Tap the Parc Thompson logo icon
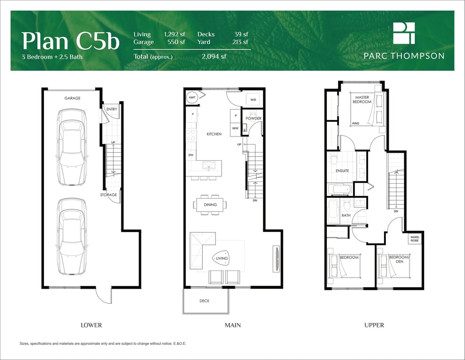pos(404,33)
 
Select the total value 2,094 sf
pos(214,56)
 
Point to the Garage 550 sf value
pos(176,42)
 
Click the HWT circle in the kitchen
pos(192,97)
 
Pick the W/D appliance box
pos(253,99)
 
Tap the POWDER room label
pos(253,118)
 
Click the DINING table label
pos(210,205)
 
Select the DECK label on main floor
pos(204,301)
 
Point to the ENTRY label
pos(112,109)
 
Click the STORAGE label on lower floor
pos(109,195)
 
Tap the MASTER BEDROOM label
pos(362,99)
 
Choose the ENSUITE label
pos(342,171)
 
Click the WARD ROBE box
pos(415,239)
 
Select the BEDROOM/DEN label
pos(399,259)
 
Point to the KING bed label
pos(355,123)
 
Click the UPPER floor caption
pos(374,325)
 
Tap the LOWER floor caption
pos(91,325)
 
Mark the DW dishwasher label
pos(191,155)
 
